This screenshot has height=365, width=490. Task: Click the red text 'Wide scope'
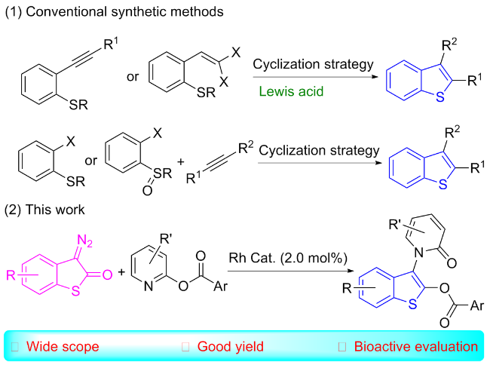tap(63, 347)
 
